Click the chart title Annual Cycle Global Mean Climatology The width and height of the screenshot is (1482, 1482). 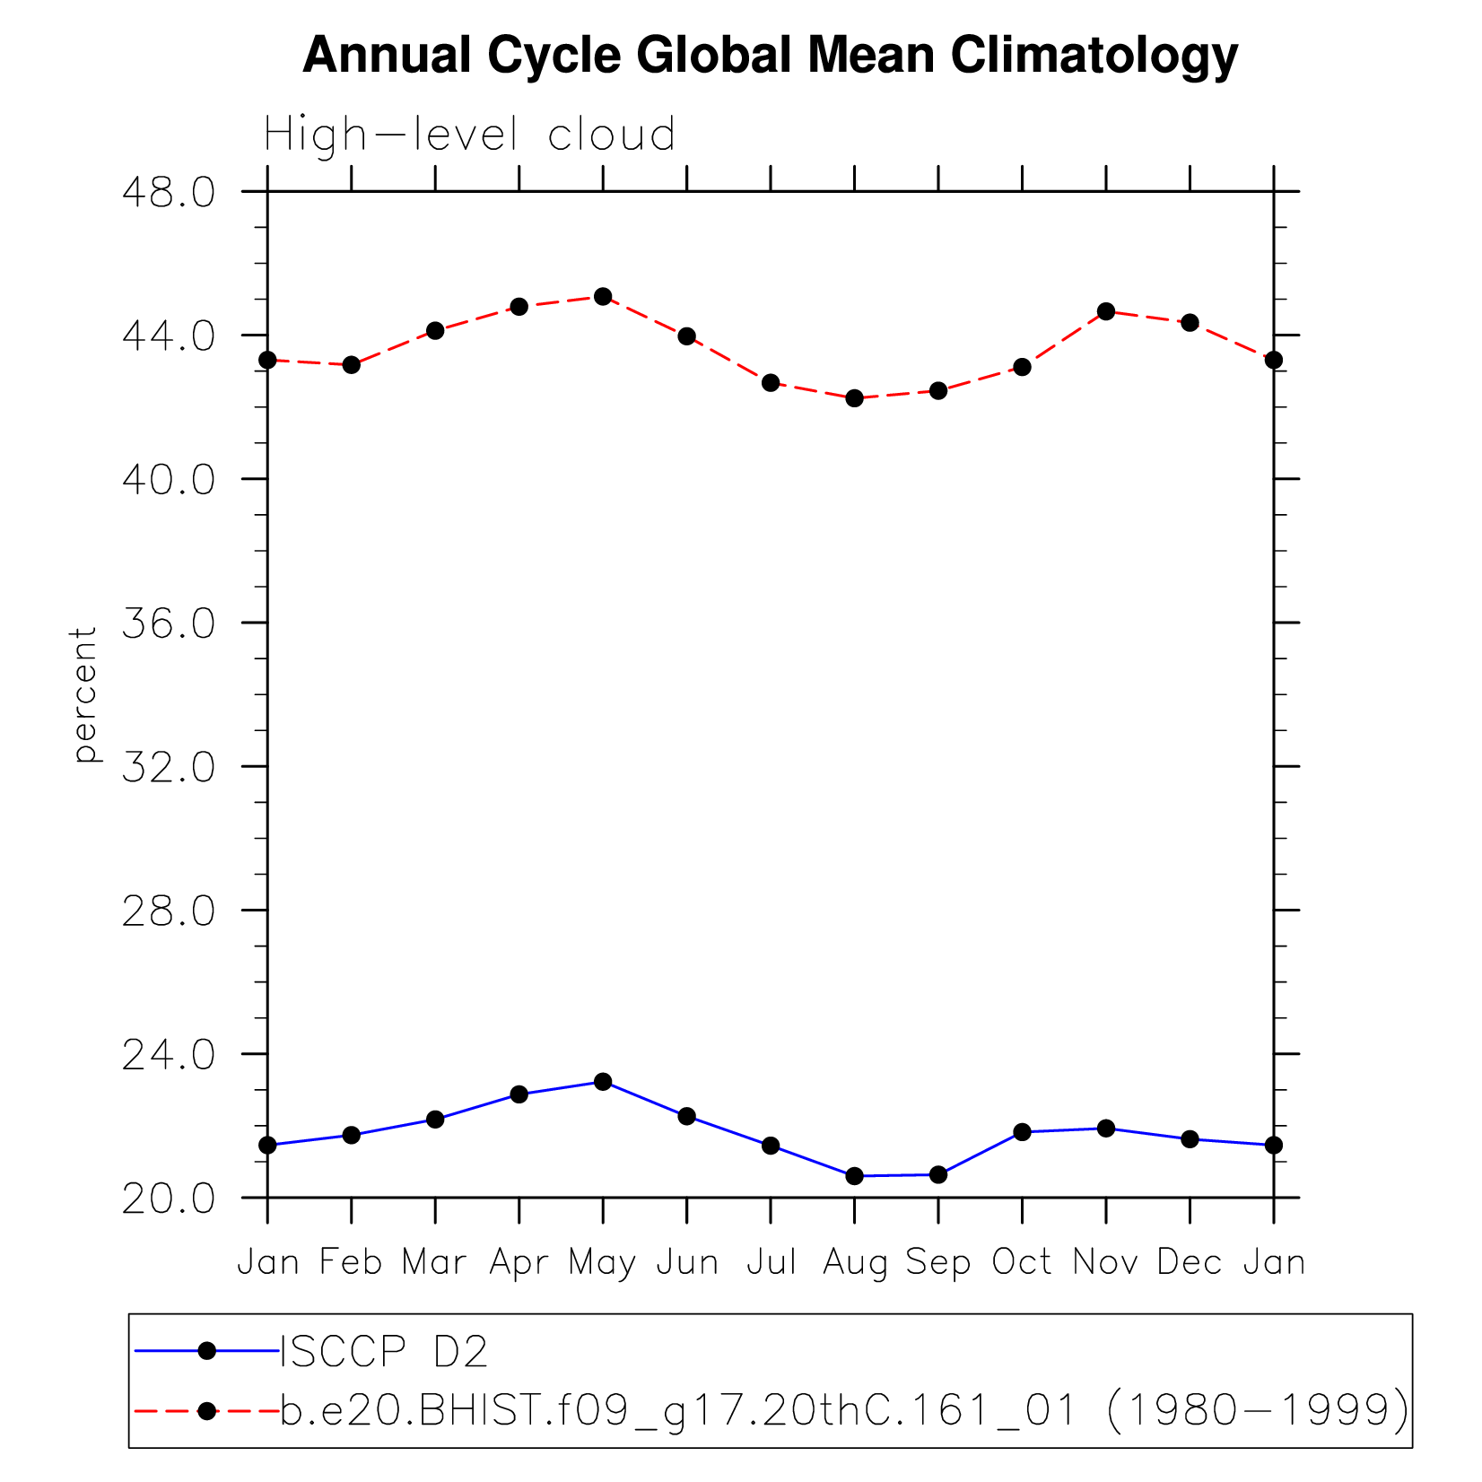pyautogui.click(x=770, y=56)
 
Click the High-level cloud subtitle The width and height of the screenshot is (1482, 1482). pyautogui.click(x=469, y=135)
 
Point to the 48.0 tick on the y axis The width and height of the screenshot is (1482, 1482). pyautogui.click(x=169, y=193)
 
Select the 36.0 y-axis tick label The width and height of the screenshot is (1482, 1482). pyautogui.click(x=169, y=623)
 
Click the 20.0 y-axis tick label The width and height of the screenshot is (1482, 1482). pyautogui.click(x=169, y=1199)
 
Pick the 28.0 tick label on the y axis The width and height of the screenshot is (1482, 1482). pyautogui.click(x=169, y=911)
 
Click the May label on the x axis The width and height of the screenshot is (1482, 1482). pyautogui.click(x=602, y=1263)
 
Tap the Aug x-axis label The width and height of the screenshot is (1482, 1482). pyautogui.click(x=855, y=1263)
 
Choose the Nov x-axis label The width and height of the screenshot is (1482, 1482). pyautogui.click(x=1105, y=1263)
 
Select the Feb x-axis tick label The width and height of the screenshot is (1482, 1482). pyautogui.click(x=351, y=1263)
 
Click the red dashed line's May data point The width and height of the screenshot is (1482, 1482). pyautogui.click(x=603, y=297)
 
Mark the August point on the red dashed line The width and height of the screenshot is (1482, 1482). pyautogui.click(x=855, y=398)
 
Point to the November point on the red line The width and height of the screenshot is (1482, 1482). pyautogui.click(x=1106, y=311)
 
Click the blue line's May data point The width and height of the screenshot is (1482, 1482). pyautogui.click(x=603, y=1082)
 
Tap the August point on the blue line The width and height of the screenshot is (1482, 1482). pyautogui.click(x=855, y=1176)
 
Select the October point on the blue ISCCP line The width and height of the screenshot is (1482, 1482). pyautogui.click(x=1022, y=1132)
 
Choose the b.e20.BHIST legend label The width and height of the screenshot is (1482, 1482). pyautogui.click(x=844, y=1411)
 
